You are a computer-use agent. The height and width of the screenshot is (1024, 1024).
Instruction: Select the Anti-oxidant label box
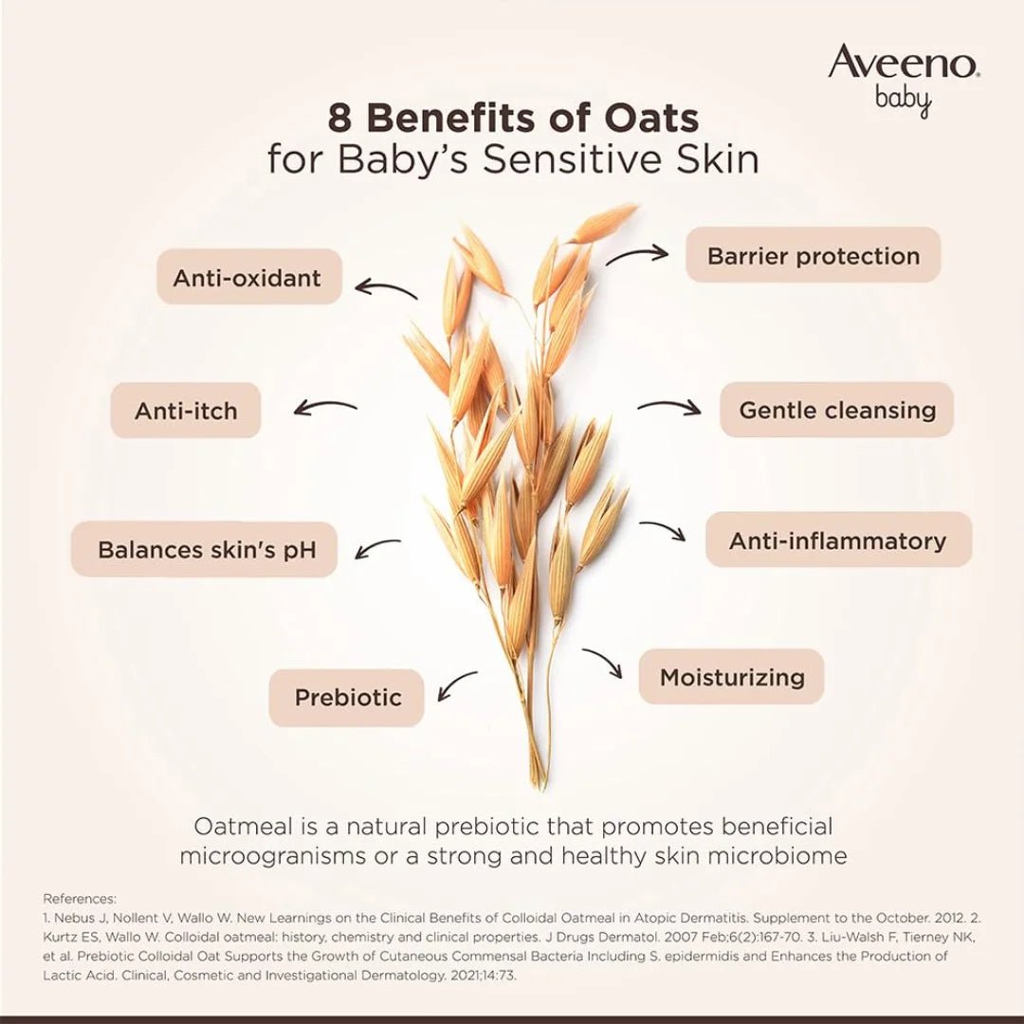coord(247,278)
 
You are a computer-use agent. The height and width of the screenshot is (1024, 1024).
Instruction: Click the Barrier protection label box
coord(813,255)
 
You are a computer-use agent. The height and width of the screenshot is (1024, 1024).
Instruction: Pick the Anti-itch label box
coord(186,411)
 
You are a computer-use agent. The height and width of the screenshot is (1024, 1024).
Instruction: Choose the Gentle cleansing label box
coord(836,411)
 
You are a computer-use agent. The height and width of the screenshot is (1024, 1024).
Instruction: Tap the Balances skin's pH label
coord(205,550)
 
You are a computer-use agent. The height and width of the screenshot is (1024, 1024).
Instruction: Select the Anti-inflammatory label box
coord(837,540)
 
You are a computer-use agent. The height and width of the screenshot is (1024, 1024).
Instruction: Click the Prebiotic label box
coord(347,698)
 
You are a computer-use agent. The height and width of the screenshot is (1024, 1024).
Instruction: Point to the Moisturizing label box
coord(731,677)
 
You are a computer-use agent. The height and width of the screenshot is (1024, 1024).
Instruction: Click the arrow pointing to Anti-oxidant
coord(385,287)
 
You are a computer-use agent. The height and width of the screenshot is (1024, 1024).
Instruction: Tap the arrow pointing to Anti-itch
coord(325,408)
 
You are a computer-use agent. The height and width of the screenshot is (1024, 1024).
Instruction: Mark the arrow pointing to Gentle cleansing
coord(669,408)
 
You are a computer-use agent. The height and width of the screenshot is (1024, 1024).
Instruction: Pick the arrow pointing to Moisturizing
coord(603,663)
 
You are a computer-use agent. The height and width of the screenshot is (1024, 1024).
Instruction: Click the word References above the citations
coord(80,899)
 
